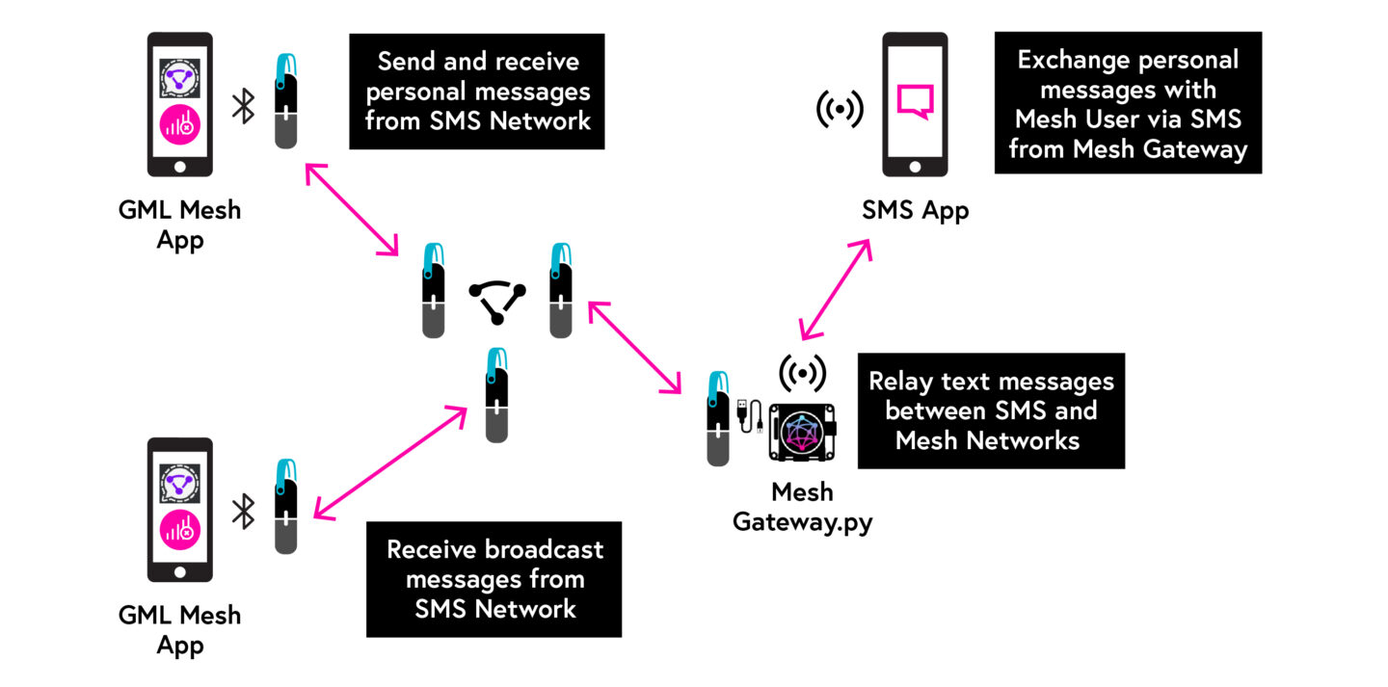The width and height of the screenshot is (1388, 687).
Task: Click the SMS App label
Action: (915, 209)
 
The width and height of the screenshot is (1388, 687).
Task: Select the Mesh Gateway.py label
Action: (801, 506)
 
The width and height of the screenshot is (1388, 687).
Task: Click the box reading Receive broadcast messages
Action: (494, 579)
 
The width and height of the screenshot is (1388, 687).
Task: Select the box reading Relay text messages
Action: (990, 410)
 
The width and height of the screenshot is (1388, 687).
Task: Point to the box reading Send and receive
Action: (477, 92)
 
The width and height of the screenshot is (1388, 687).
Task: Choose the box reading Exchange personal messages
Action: (1127, 103)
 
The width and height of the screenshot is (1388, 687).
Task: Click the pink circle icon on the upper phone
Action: (178, 127)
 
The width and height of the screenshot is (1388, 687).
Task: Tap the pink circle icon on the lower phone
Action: (178, 532)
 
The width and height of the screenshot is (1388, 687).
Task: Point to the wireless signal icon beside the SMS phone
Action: (840, 109)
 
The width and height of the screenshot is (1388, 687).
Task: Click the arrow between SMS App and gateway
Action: (835, 289)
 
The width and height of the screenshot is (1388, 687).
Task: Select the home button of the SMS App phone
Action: (915, 165)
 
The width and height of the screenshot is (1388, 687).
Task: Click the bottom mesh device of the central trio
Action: (496, 395)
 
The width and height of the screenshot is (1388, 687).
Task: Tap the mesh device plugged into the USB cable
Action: (718, 418)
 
